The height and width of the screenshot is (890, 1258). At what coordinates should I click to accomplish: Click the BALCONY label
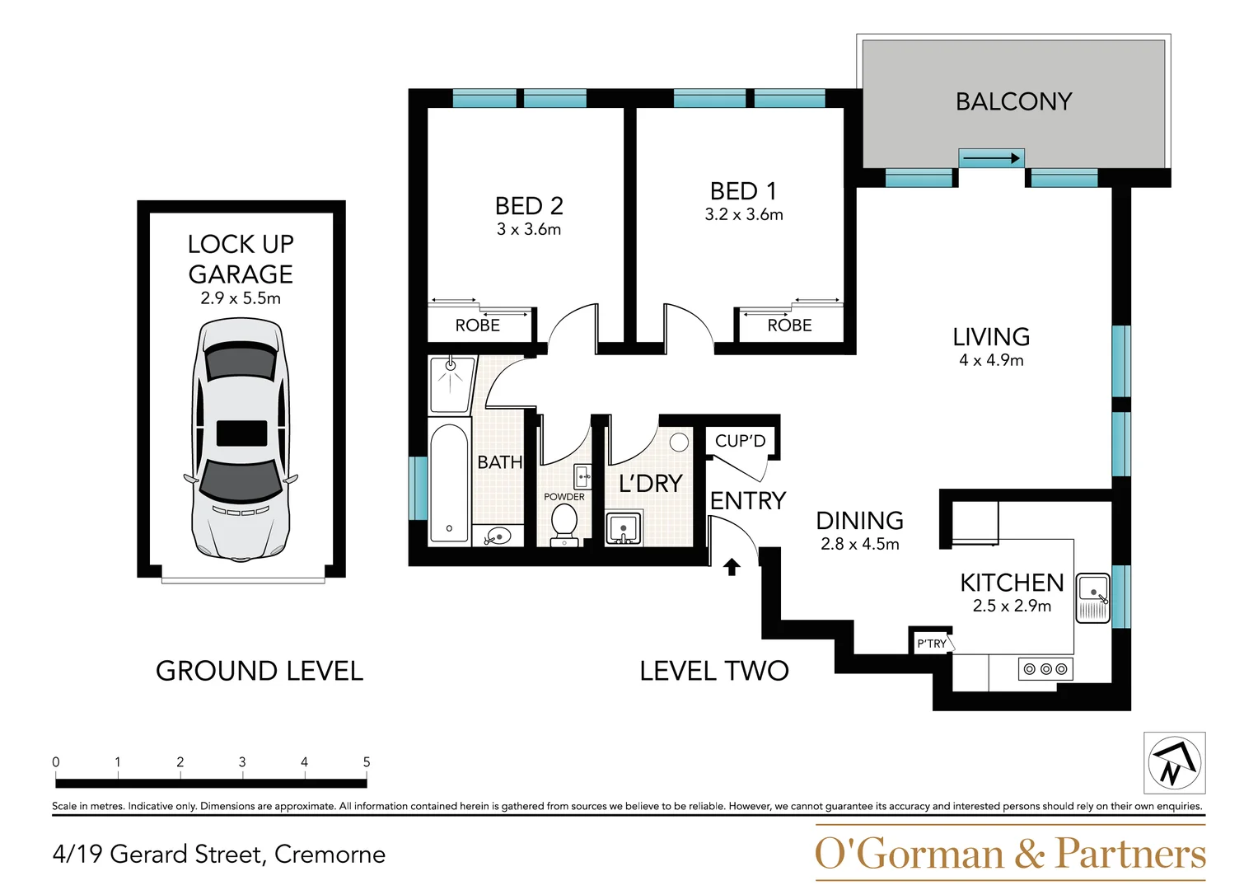[x=1013, y=101]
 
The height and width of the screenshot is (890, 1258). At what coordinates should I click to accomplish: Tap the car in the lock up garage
[x=241, y=440]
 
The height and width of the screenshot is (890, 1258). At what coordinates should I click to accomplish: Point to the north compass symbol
[x=1174, y=762]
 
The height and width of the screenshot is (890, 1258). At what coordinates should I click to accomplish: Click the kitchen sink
[x=1093, y=597]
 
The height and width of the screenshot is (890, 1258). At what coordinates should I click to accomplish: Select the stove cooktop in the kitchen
[x=1045, y=669]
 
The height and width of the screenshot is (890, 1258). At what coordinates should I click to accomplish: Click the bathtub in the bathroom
[x=449, y=483]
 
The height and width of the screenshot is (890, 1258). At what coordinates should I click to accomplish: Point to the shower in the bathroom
[x=451, y=384]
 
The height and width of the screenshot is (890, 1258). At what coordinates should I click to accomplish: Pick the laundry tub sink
[x=623, y=529]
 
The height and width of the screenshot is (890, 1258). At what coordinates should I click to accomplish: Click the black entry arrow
[x=731, y=567]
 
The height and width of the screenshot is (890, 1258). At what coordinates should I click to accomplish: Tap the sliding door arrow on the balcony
[x=991, y=159]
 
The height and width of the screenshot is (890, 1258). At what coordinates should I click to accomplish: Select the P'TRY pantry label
[x=932, y=644]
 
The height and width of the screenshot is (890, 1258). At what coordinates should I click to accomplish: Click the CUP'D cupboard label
[x=740, y=441]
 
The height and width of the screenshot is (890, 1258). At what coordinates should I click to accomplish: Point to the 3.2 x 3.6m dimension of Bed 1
[x=744, y=214]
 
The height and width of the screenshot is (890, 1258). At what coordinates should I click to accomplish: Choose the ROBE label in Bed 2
[x=477, y=326]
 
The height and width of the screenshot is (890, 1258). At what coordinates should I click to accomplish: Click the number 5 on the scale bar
[x=366, y=762]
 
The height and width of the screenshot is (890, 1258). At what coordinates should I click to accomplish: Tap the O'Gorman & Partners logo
[x=1010, y=853]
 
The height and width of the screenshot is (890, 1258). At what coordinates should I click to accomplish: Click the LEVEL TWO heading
[x=714, y=671]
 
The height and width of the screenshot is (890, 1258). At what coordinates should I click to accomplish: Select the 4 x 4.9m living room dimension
[x=991, y=360]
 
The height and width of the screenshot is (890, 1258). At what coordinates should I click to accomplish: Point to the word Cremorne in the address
[x=330, y=855]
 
